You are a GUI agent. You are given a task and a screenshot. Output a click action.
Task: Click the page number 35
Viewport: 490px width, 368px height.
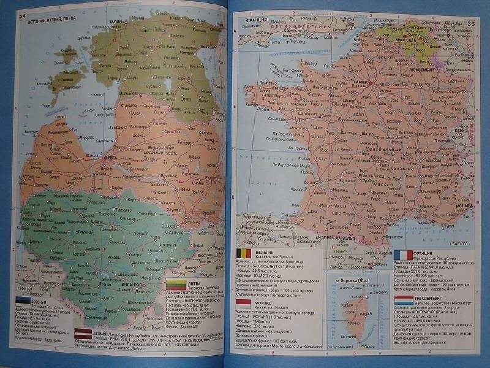pyautogui.click(x=470, y=24)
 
